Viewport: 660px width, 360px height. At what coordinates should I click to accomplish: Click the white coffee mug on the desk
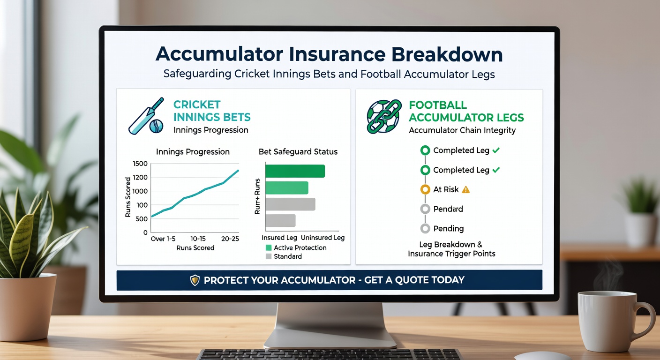click(609, 321)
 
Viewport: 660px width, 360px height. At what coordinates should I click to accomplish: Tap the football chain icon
click(383, 116)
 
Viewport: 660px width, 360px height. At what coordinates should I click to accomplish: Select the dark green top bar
click(295, 171)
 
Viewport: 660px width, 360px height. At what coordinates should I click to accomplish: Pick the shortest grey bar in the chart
click(280, 221)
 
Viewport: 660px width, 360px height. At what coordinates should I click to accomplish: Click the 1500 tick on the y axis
click(140, 164)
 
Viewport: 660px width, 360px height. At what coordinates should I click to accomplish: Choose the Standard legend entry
click(287, 256)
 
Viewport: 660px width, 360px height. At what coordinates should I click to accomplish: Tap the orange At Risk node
click(425, 189)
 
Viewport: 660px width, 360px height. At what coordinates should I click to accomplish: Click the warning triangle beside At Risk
click(465, 189)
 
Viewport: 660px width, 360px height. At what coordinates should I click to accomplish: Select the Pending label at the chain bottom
click(448, 228)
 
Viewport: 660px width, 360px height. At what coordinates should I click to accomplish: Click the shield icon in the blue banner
click(195, 280)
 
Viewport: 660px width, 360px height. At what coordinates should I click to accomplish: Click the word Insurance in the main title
click(336, 54)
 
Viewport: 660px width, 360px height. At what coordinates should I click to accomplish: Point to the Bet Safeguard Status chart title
click(298, 152)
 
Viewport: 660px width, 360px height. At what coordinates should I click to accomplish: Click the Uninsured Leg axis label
click(322, 238)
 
